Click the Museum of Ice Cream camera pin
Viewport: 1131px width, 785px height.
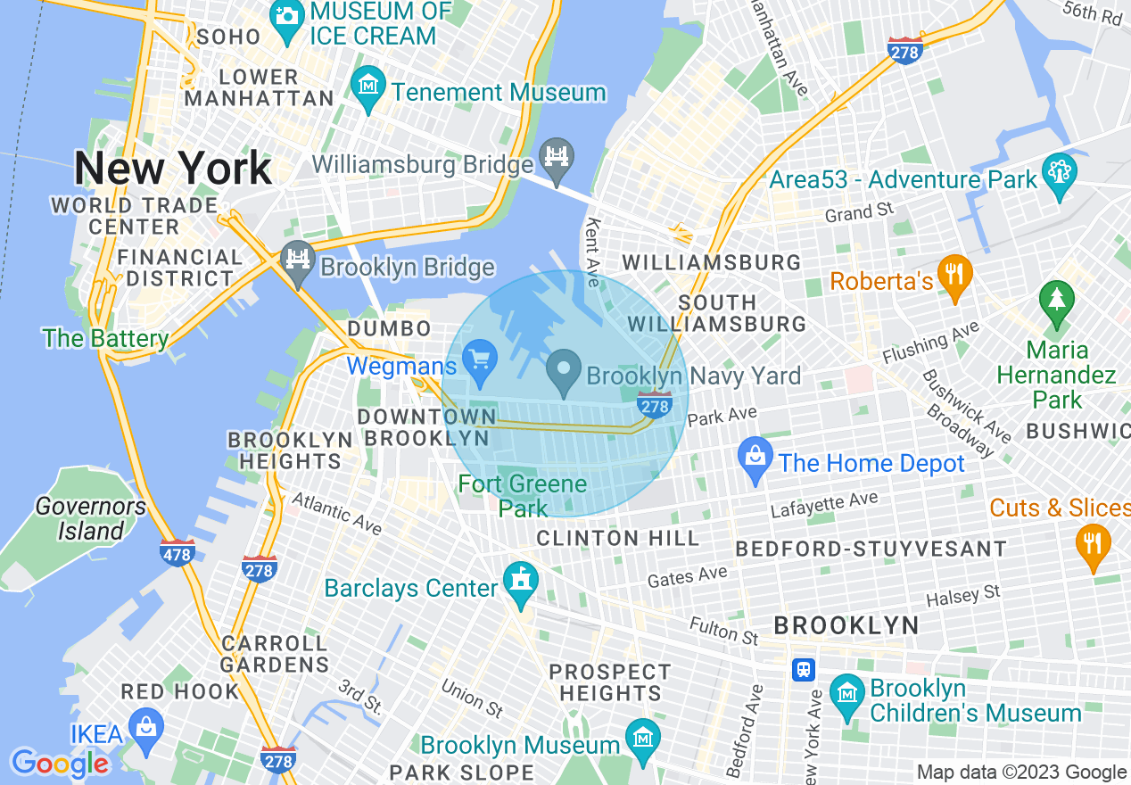(287, 15)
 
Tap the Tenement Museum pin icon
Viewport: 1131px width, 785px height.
(367, 86)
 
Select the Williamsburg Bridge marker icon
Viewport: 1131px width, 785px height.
(558, 160)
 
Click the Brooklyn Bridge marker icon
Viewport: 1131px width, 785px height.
(297, 260)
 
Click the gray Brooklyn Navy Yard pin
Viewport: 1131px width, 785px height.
(564, 369)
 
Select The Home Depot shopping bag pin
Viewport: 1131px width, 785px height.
(755, 458)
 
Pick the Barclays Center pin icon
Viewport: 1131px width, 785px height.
(517, 580)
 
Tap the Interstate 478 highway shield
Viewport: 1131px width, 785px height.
(177, 553)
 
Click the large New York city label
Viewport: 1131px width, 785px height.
(173, 168)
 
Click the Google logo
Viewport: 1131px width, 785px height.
(59, 764)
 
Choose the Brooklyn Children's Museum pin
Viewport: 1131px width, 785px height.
(846, 693)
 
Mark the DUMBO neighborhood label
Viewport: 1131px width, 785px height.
(389, 328)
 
